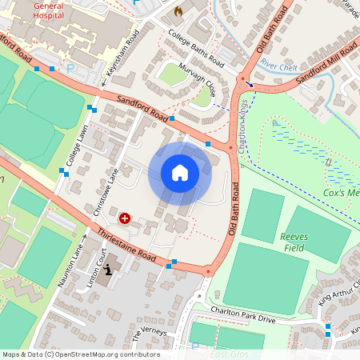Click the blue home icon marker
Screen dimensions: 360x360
click(x=180, y=173)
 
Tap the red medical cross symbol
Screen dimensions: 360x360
click(x=125, y=217)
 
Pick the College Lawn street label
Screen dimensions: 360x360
click(x=76, y=145)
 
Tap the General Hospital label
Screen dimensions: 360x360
click(x=50, y=10)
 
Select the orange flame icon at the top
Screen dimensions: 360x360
click(x=178, y=12)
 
